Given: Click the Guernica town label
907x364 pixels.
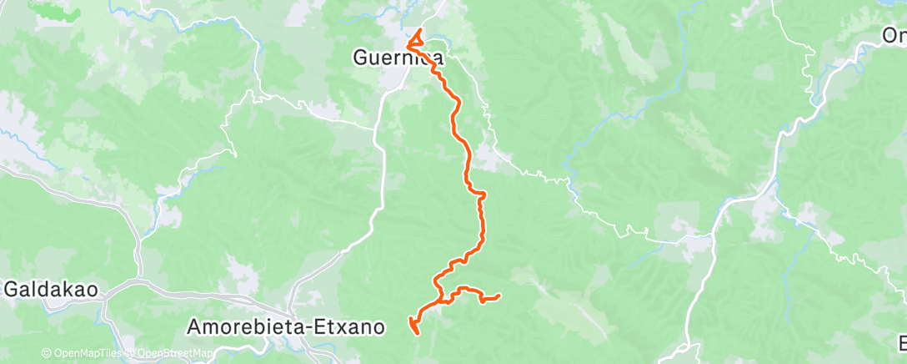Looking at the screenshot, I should [x=397, y=58].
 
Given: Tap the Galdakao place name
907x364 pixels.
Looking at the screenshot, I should [x=53, y=290].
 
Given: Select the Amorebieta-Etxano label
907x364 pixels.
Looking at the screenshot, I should [x=286, y=326].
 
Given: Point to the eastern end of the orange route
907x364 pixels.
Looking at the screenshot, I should [x=498, y=296].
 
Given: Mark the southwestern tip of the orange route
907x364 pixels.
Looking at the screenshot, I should [x=414, y=333].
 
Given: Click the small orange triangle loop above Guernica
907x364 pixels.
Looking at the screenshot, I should [x=413, y=37].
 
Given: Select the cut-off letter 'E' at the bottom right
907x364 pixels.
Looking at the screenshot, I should [x=902, y=343].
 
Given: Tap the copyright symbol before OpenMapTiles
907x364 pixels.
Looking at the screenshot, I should [x=46, y=354].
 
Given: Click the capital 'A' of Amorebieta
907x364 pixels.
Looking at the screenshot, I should [x=195, y=326].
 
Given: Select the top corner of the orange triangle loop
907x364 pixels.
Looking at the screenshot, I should [x=416, y=31].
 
